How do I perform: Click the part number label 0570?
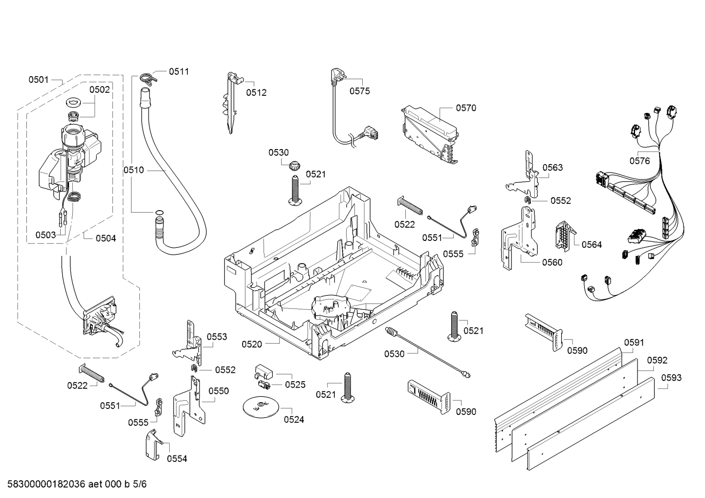tap(465, 108)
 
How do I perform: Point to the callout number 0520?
tap(252, 344)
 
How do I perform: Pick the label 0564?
tap(592, 244)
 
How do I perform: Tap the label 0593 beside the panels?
tap(671, 378)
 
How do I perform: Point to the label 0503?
tap(45, 235)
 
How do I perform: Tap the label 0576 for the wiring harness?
tap(639, 160)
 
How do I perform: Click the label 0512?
tap(256, 92)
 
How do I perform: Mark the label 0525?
tap(295, 385)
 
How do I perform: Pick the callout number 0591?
tap(634, 343)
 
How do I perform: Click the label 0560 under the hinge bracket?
tap(552, 262)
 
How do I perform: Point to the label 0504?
tap(106, 238)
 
